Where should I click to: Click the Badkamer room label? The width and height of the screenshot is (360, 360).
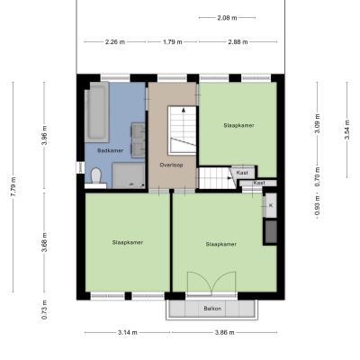click(110, 150)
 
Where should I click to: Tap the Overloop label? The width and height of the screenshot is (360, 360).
click(171, 165)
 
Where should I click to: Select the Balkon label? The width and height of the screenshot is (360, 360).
click(212, 309)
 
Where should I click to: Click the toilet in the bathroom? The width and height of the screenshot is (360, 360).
click(96, 175)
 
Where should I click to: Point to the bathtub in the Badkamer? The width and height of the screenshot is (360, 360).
click(96, 112)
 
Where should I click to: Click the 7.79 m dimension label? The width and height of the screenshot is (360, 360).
click(13, 186)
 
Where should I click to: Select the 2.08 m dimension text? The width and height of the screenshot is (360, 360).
click(227, 18)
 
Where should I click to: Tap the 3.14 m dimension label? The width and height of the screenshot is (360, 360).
click(128, 332)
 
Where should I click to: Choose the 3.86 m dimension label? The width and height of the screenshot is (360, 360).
click(225, 332)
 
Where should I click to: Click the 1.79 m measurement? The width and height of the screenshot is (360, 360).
click(173, 42)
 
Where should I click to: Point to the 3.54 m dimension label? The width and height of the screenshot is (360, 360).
click(347, 130)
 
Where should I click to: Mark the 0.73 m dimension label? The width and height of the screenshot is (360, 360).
click(44, 310)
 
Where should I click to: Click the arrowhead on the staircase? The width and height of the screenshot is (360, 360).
click(184, 110)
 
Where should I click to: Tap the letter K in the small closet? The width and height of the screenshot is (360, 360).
click(271, 205)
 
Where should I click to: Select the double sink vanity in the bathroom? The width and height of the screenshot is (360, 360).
click(138, 140)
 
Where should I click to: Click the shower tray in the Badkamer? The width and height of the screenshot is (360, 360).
click(129, 175)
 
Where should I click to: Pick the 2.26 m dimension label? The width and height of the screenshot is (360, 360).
click(115, 42)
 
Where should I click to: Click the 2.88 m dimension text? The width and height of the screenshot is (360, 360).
click(238, 42)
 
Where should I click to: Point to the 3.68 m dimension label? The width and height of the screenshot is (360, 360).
click(44, 242)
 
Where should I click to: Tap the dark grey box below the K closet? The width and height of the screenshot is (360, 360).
click(271, 232)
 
